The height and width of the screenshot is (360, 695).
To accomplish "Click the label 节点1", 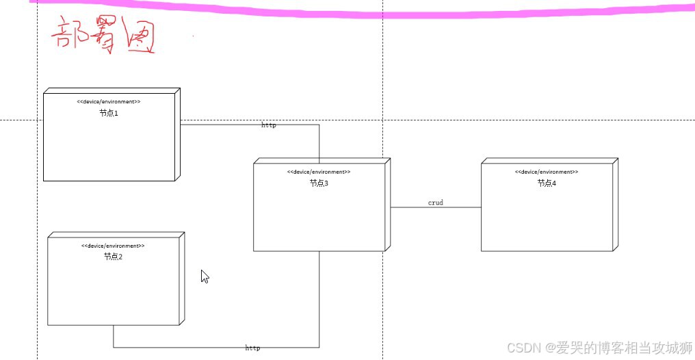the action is click(109, 113).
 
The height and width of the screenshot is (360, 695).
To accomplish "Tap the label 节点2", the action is click(113, 257).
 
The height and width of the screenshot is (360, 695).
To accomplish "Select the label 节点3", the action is click(319, 183).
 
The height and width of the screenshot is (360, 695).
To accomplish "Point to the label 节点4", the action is click(547, 183).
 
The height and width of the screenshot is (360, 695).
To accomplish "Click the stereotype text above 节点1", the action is click(109, 101).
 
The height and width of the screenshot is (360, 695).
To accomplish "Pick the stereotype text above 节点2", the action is click(113, 245).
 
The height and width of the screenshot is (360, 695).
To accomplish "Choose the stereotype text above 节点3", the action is click(319, 172).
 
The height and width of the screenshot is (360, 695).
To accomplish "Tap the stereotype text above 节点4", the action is click(547, 172).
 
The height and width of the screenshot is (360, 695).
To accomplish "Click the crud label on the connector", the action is click(436, 203).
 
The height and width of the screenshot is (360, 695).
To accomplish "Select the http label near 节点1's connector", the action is click(269, 125).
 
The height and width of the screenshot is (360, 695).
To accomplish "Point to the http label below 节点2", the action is click(252, 348).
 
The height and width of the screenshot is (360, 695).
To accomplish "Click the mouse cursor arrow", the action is click(205, 277).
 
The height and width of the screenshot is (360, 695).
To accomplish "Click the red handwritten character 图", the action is click(141, 37).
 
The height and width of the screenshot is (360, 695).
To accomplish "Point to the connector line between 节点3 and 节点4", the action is click(436, 207).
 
